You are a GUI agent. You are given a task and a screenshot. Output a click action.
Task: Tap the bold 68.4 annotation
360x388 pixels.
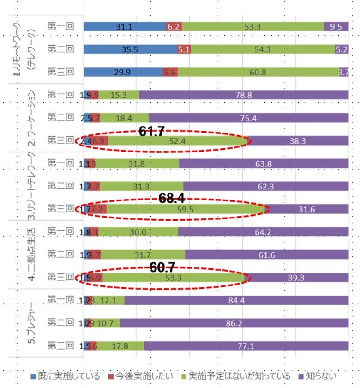coord(172,199)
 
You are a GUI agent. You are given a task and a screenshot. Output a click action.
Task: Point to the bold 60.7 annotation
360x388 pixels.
coord(162,267)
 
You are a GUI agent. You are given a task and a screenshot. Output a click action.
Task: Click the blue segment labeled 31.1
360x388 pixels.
coord(125,27)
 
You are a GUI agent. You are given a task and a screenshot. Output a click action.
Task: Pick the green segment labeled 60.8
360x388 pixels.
coord(258,72)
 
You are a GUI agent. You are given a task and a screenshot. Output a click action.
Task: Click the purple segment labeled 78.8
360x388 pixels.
coord(243,95)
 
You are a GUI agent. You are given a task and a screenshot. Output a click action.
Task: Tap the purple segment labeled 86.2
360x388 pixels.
coord(234,322)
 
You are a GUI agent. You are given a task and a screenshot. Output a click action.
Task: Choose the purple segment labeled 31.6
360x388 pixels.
coord(307,209)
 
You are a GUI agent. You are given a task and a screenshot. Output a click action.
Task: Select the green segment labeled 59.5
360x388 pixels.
coord(186,209)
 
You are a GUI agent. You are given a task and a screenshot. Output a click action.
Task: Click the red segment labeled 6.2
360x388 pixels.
coord(174,27)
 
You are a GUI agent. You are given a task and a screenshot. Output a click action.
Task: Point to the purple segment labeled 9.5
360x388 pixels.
coord(336,27)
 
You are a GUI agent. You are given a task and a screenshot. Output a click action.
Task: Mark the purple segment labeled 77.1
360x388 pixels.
coord(246,345)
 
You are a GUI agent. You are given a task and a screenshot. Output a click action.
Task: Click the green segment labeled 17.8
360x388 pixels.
coord(120,345)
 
